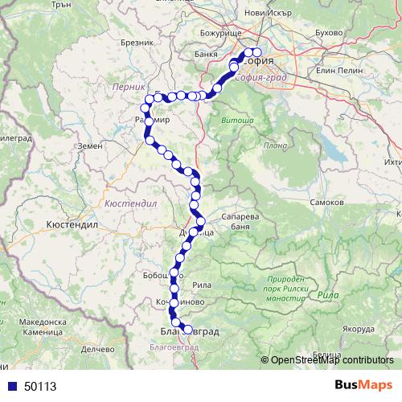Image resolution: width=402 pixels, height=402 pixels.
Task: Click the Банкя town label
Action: [x=206, y=55]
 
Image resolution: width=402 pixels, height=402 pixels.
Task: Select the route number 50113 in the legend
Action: [x=40, y=386]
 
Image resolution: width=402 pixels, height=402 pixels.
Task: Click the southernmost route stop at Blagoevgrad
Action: [x=189, y=330]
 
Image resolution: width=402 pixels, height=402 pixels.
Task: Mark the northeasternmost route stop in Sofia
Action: [x=257, y=53]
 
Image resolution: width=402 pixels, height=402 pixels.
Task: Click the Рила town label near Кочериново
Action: [x=202, y=283]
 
